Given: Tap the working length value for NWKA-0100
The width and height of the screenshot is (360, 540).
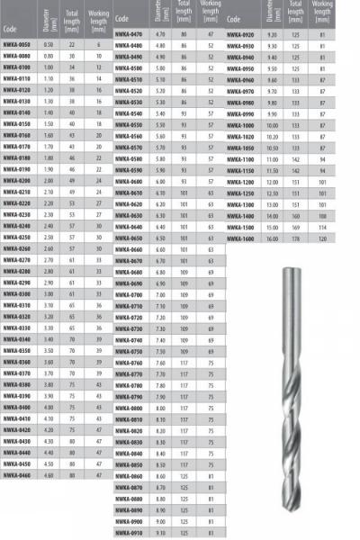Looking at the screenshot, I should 96,67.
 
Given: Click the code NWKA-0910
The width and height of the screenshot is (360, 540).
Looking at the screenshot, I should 130,533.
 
